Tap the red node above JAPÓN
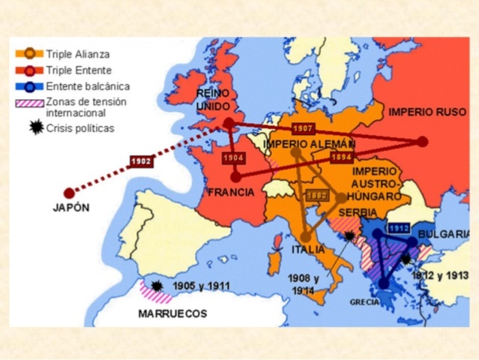(69, 193)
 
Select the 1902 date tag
(142, 161)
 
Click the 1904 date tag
(234, 157)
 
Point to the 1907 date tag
(303, 128)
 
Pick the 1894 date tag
(341, 157)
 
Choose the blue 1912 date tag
(398, 228)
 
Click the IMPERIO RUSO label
(427, 112)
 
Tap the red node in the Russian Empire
(423, 141)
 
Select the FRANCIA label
(231, 192)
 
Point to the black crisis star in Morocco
(157, 286)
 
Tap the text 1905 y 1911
(201, 286)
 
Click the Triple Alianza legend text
(77, 54)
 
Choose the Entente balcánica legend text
(87, 86)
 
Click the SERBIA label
(358, 213)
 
